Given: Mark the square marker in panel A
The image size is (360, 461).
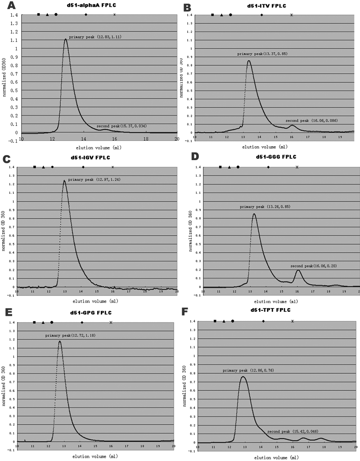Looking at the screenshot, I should tap(38, 14).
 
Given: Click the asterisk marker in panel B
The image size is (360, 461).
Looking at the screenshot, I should tap(292, 15).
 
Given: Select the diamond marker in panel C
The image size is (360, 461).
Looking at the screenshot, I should tap(83, 167).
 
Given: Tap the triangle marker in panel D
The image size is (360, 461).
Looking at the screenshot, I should tap(229, 167).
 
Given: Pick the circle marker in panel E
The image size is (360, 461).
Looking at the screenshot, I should tap(52, 322).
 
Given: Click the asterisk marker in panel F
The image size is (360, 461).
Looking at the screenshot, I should tap(292, 321).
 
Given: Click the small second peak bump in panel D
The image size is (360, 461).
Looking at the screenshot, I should tap(298, 270).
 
